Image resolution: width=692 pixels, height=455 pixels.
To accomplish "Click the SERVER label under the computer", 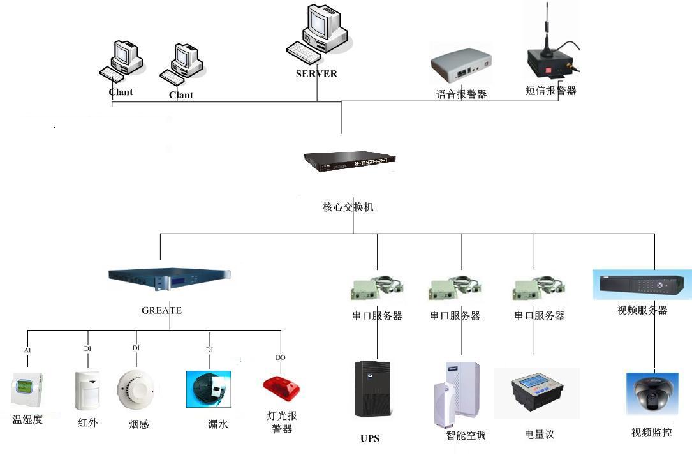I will pos(316,74).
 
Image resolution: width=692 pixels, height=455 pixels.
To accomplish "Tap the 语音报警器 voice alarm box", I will pos(460,65).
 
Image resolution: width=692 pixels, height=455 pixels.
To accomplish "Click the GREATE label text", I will pos(161,311).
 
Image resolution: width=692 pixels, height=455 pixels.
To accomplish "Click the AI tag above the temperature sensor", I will pos(27,350).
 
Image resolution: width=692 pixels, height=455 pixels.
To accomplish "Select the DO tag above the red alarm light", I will pos(281,357).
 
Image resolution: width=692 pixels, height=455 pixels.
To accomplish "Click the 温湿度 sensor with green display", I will pos(26,390).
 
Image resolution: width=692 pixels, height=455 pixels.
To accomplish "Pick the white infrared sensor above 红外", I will pos(87,390).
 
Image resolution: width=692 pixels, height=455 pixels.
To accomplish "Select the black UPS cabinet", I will pos(371,389).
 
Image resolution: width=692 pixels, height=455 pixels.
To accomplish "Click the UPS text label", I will pos(370,438).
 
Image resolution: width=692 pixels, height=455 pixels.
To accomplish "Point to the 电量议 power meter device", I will pos(536,393).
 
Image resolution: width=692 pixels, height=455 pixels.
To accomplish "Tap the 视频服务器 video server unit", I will pos(641,285).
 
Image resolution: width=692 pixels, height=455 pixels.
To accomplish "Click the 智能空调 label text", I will pos(466,435).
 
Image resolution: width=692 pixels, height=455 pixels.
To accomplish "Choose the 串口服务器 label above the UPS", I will pos(377,316).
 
